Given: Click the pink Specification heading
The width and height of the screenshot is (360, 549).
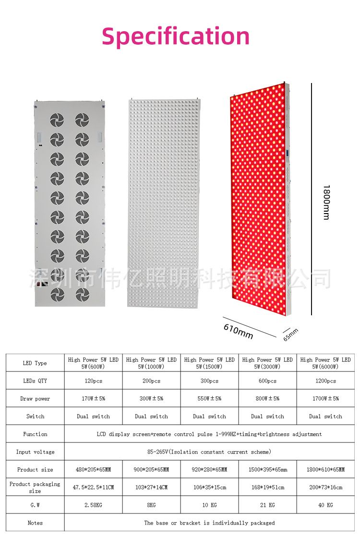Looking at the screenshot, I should (x=176, y=37).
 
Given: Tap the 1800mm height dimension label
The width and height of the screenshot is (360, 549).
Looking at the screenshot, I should (x=326, y=202).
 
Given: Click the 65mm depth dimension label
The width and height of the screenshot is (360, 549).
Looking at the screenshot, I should (x=290, y=334).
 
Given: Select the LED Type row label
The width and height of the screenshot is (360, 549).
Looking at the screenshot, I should (x=35, y=363).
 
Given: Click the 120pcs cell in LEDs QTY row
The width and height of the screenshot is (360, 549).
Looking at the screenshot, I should (x=94, y=381).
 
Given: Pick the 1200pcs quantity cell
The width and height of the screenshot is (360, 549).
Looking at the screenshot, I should (x=325, y=381).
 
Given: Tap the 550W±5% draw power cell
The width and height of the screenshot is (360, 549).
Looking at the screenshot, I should (x=209, y=399).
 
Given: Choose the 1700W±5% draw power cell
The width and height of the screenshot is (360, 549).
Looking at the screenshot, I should (x=325, y=399).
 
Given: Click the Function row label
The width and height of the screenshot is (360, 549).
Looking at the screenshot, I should (x=35, y=434).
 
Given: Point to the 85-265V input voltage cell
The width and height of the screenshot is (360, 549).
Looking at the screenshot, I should (x=209, y=452).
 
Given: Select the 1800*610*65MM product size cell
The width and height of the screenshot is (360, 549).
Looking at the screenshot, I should (x=325, y=470).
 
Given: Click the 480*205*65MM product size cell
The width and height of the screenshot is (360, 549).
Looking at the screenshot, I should (x=94, y=470).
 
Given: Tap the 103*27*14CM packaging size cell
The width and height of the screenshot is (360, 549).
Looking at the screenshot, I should (x=152, y=488).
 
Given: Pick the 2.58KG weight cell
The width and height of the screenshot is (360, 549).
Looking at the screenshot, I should (x=94, y=505).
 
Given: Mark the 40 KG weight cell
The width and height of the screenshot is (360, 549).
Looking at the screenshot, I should (x=325, y=505).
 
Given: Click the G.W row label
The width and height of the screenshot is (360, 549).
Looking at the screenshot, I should (x=35, y=505).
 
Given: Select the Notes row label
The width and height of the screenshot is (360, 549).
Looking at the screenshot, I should (x=35, y=523).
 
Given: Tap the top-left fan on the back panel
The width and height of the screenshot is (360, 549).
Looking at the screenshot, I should (x=57, y=119).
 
